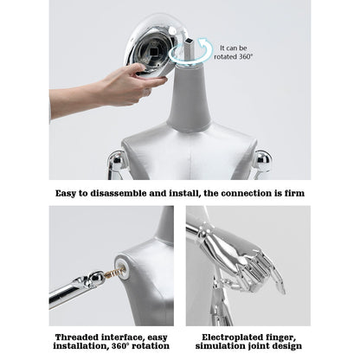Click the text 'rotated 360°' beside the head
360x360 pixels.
pyautogui.click(x=233, y=57)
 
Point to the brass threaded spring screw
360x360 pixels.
pyautogui.click(x=114, y=273)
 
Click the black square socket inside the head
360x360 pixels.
pyautogui.click(x=155, y=52)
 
